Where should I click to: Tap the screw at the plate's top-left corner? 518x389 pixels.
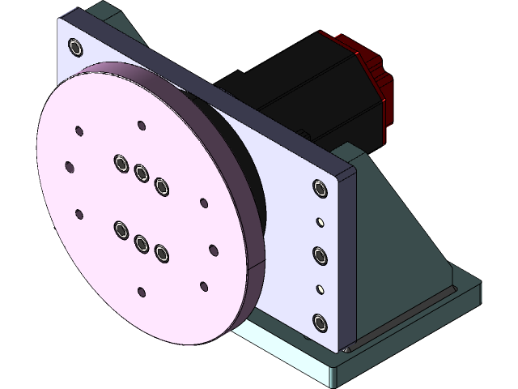76,48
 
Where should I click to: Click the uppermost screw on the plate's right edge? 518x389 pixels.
319,189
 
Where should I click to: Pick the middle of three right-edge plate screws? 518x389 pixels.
319,256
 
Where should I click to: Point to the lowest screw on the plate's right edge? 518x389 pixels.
319,323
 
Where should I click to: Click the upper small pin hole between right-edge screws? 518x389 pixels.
320,221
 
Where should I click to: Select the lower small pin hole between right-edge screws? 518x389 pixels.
319,289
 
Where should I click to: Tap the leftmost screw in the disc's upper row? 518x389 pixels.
121,164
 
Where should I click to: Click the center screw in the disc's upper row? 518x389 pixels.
142,173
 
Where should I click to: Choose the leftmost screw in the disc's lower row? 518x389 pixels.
121,231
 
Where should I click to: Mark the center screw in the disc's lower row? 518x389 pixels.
142,242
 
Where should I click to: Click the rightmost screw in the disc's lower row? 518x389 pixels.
161,253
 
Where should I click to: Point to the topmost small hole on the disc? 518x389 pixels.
141,126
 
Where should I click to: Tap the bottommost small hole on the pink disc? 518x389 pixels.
141,292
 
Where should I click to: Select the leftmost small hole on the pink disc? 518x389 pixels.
69,166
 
